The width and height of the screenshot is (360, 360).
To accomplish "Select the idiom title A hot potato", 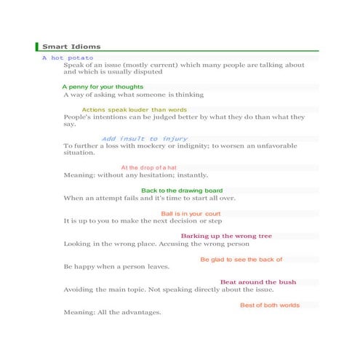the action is [68, 57].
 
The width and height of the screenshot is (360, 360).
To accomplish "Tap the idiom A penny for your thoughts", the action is [103, 87].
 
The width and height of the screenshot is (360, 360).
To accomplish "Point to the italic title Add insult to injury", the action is [145, 139].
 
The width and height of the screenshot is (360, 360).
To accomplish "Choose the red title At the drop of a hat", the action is [148, 168].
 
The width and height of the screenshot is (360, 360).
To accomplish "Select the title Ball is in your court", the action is [191, 213].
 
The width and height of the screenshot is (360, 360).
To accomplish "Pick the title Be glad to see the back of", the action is [241, 259].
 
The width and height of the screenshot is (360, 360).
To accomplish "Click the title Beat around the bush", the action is [258, 281].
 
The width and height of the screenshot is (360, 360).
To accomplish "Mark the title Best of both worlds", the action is [270, 305].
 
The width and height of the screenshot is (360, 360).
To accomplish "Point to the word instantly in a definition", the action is [192, 175].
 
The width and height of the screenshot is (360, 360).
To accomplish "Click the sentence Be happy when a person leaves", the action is [116, 267].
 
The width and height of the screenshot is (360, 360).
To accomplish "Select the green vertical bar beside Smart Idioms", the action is [36, 47].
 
